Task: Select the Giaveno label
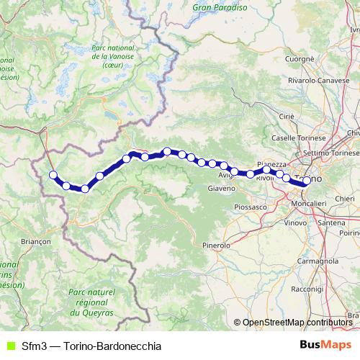[221, 189]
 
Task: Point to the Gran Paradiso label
[220, 7]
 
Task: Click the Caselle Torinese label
[294, 137]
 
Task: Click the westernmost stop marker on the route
[53, 174]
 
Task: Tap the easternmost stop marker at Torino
[307, 181]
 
